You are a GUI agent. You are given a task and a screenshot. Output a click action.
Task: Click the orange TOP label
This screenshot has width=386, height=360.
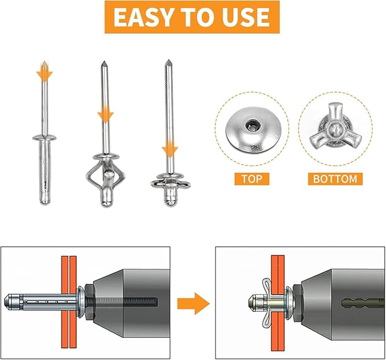click(251, 179)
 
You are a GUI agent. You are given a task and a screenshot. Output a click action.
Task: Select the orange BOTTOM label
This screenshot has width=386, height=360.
click(335, 179)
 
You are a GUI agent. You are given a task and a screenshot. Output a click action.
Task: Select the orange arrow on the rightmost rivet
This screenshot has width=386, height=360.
click(168, 150)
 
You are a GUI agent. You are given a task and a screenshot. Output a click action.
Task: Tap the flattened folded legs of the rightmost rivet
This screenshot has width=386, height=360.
click(169, 183)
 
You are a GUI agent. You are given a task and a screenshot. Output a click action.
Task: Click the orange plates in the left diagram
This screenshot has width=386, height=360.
click(68, 301)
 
